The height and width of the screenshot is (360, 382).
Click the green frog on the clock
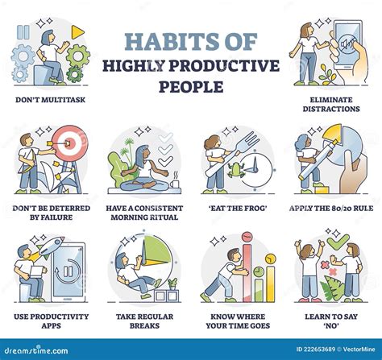coord(239,170)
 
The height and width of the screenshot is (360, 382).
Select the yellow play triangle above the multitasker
coord(77,31)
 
